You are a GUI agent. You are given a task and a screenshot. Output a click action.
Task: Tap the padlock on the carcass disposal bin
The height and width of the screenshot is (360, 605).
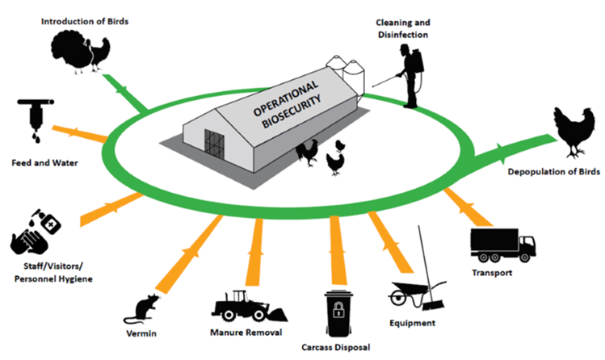338,309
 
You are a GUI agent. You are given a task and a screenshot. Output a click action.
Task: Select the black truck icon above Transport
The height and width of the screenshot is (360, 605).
502,245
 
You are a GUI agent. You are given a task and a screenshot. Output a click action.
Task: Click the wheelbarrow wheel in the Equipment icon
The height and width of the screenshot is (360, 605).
397,299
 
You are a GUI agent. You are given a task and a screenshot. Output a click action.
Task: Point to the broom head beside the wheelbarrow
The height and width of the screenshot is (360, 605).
433,306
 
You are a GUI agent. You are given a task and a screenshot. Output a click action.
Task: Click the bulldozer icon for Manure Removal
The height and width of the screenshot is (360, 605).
249,307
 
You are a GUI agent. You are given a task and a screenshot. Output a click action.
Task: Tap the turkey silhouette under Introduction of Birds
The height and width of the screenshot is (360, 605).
72,52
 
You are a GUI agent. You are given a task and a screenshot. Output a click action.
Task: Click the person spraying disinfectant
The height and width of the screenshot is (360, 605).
410,76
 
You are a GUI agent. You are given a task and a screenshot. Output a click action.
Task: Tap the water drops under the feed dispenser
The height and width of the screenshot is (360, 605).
36,137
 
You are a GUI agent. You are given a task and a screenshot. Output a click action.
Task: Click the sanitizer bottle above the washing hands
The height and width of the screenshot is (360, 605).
47,222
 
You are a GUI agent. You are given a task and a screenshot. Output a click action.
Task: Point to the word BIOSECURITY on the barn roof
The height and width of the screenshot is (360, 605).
292,112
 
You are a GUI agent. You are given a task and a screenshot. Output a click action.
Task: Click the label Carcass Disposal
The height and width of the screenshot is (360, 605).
336,347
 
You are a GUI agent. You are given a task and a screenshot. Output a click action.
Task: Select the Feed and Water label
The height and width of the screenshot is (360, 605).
44,163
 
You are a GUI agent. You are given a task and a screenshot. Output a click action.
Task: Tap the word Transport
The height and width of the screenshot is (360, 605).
492,273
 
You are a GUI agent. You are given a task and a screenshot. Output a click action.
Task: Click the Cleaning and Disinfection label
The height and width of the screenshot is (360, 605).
403,28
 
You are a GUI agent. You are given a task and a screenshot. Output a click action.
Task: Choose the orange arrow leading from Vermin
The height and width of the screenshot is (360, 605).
190,253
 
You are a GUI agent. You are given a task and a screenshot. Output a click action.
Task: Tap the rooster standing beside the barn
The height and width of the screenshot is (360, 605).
308,153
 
